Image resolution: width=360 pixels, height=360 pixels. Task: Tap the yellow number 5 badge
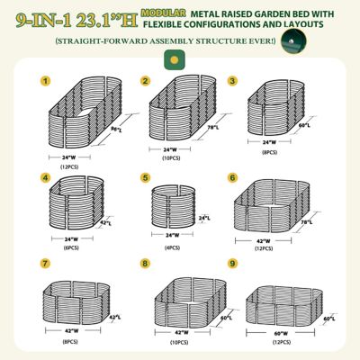click(x=144, y=179)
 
